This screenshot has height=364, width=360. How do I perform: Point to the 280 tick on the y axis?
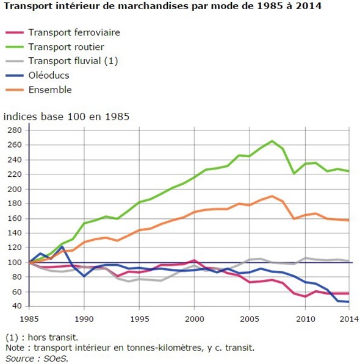tap(15, 130)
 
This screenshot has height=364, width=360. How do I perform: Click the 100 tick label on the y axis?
tap(15, 263)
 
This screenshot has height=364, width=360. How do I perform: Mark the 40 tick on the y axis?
tap(16, 306)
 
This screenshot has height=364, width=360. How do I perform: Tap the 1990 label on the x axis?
tap(84, 319)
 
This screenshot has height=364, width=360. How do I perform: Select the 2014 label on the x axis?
tap(349, 319)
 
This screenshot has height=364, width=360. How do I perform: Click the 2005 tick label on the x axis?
tap(250, 319)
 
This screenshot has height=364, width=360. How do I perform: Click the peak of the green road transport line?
tap(272, 141)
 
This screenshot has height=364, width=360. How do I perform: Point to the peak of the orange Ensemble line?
tap(272, 196)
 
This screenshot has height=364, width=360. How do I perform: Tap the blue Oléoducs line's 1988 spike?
tap(62, 246)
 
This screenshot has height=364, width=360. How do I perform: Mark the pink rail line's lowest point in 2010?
tap(305, 296)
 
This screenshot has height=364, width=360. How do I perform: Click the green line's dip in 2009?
tap(294, 173)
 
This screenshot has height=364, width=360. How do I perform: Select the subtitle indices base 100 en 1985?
tap(67, 116)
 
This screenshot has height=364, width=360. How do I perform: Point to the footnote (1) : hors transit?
tap(42, 337)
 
